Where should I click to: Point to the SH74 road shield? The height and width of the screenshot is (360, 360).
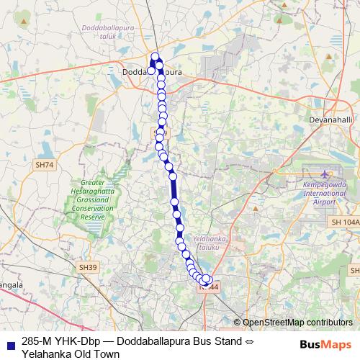tap(44, 165)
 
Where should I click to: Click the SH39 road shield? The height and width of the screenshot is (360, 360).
tap(88, 267)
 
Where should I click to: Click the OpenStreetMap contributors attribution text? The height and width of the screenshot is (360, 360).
tap(297, 322)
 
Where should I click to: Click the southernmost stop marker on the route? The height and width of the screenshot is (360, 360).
tap(206, 281)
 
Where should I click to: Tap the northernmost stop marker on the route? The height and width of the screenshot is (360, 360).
tap(155, 56)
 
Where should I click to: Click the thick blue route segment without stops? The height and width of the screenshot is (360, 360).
tap(174, 193)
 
